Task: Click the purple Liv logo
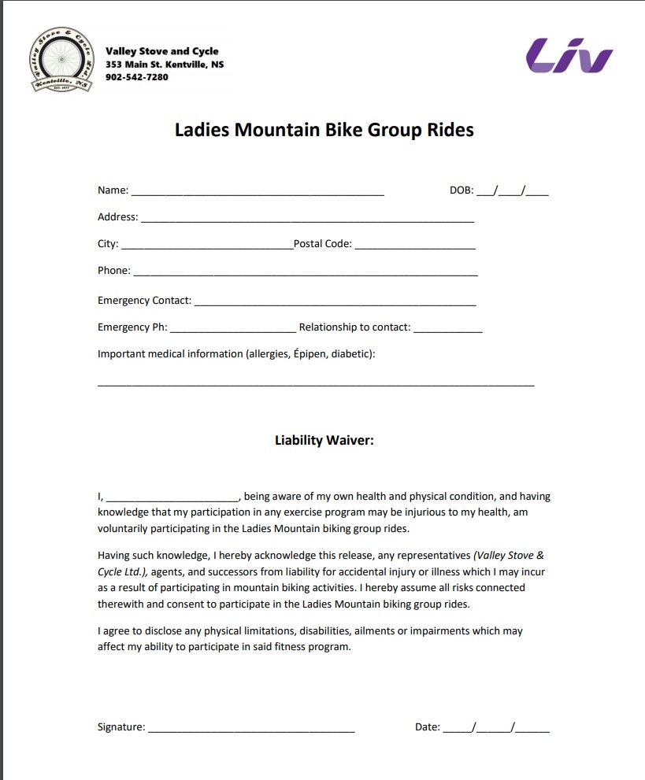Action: point(569,56)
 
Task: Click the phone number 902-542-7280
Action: point(137,77)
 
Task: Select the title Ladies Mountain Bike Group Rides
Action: point(324,130)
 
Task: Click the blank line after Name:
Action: point(258,192)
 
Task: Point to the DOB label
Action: point(461,190)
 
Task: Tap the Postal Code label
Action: point(323,244)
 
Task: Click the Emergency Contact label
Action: point(144,301)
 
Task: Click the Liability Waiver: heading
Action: point(324,441)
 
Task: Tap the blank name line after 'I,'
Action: point(172,499)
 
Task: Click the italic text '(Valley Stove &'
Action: point(509,555)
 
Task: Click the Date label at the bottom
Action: point(427,727)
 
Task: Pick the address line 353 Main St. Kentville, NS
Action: point(165,65)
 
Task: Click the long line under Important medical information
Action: point(315,384)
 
